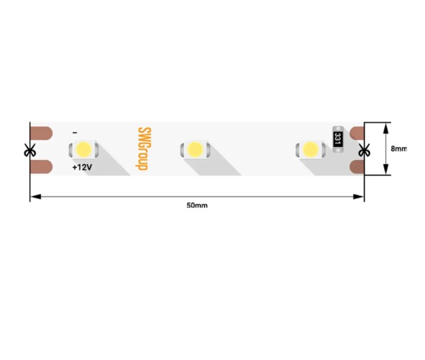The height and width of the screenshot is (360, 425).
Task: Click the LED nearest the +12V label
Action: [84, 149]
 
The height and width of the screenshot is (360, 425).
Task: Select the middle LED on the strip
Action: [195, 149]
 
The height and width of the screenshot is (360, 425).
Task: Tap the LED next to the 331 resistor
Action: [311, 149]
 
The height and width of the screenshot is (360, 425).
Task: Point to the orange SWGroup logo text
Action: [143, 149]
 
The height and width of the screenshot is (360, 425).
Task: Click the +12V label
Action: [82, 167]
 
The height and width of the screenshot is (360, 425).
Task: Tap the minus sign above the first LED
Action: [75, 133]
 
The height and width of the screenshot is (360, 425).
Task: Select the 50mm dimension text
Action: [197, 206]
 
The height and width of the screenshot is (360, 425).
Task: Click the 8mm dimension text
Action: [398, 148]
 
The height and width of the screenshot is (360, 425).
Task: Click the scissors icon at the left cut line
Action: [30, 150]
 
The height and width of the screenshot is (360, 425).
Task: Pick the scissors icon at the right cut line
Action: [364, 150]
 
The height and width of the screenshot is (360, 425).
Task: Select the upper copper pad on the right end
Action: [357, 133]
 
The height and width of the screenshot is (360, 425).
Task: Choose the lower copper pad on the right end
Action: [357, 167]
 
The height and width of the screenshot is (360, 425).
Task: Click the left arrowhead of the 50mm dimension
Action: [35, 197]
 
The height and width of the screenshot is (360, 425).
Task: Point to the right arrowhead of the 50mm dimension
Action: [358, 197]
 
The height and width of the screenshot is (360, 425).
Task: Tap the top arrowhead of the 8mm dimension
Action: [385, 128]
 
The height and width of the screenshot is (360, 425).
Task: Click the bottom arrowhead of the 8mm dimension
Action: [385, 169]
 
